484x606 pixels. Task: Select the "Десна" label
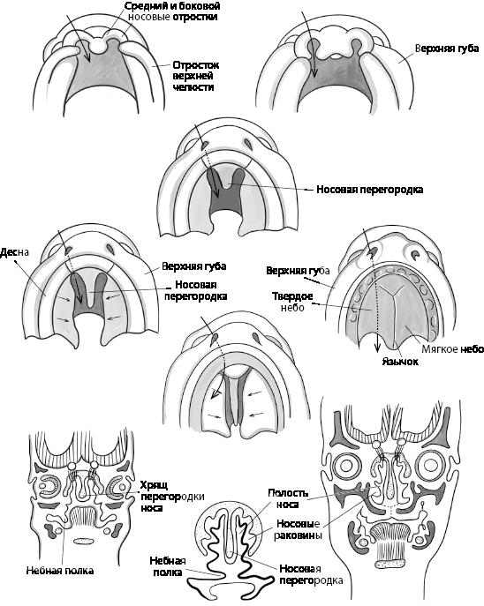[x=15, y=253]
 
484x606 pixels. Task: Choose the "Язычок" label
[x=400, y=362]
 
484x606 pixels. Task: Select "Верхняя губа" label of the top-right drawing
[x=447, y=49]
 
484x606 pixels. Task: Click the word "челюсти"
[x=193, y=87]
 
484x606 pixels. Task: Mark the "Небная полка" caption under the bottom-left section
[x=60, y=571]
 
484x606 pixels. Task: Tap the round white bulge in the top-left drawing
[x=97, y=46]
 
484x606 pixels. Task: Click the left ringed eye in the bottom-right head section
[x=344, y=465]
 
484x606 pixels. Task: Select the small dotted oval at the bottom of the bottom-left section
[x=84, y=541]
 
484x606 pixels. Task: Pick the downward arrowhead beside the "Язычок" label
[x=377, y=348]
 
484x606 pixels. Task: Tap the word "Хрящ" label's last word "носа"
[x=151, y=508]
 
